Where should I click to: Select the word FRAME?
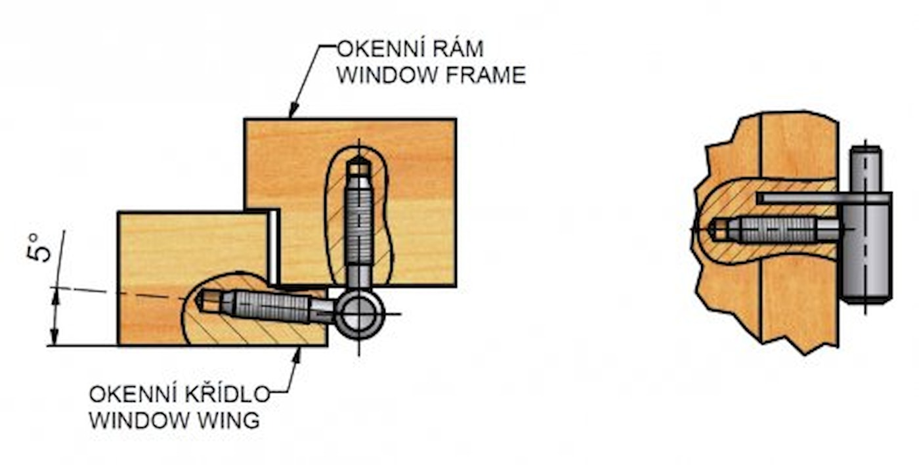pos(486,76)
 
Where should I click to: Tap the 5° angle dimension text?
pos(40,246)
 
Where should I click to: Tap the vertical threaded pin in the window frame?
pos(358,223)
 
